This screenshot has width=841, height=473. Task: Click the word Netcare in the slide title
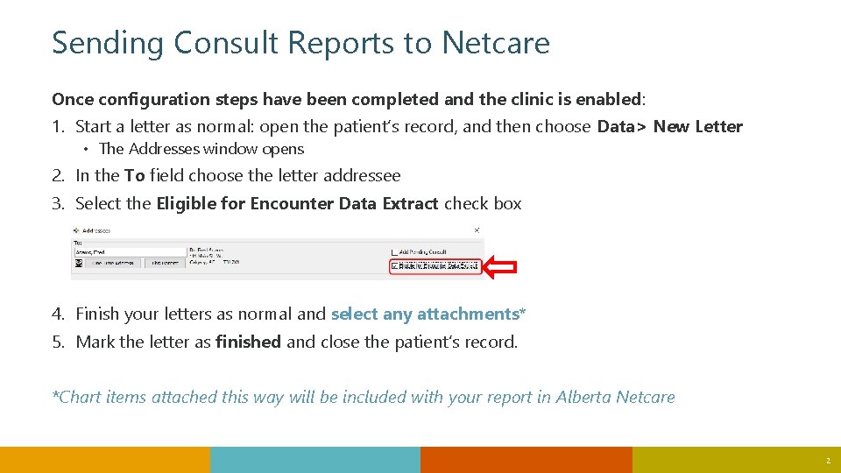[x=496, y=42]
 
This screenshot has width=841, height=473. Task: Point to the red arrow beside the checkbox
[x=501, y=268]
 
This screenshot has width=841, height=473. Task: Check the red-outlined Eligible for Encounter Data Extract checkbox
[x=395, y=265]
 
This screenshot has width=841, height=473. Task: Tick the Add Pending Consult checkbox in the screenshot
[x=395, y=252]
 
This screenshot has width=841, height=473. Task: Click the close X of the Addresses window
[x=477, y=230]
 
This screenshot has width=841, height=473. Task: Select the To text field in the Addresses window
[x=130, y=252]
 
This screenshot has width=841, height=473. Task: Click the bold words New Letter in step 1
[x=697, y=126]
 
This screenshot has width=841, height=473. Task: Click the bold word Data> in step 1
[x=622, y=126]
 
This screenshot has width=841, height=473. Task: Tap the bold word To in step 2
[x=134, y=175]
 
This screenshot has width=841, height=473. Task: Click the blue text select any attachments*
[x=428, y=314]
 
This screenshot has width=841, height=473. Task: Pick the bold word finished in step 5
[x=248, y=342]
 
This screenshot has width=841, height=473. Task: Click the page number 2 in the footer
[x=826, y=461]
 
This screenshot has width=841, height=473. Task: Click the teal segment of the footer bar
[x=315, y=460]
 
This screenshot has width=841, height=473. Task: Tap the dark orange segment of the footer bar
[x=526, y=460]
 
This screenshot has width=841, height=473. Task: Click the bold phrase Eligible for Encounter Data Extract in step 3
[x=297, y=203]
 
